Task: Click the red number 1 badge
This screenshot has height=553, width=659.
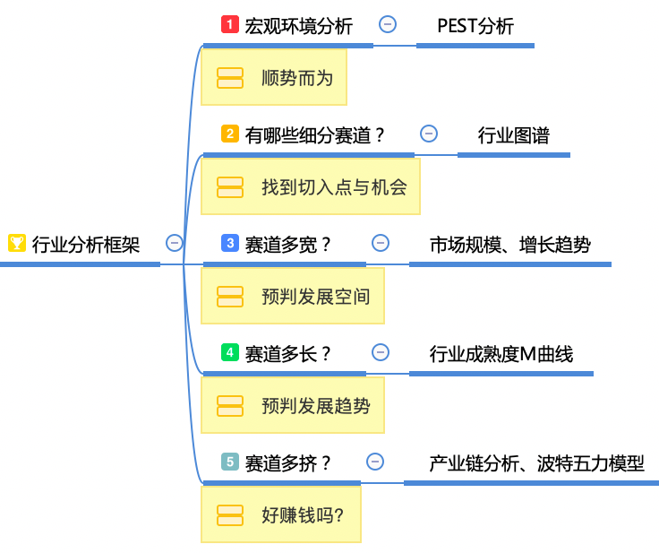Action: point(230,24)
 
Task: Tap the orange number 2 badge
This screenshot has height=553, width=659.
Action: point(230,134)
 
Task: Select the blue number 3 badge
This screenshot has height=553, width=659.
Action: point(230,243)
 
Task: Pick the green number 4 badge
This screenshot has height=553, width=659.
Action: point(230,352)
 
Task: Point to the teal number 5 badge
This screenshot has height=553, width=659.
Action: point(230,462)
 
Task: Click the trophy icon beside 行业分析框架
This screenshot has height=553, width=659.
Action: point(16,243)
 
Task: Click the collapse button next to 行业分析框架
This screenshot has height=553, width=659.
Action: point(175,243)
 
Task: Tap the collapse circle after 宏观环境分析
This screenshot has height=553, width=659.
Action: point(388,24)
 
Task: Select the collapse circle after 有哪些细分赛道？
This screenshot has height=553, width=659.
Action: point(429,134)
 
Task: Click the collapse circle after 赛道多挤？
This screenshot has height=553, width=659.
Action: point(375,462)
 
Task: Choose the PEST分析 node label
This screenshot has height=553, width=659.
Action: point(475,26)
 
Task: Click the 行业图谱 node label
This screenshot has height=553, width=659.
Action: point(513,135)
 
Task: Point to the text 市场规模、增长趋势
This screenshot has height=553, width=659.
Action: point(509,245)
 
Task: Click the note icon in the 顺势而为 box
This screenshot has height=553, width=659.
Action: point(230,77)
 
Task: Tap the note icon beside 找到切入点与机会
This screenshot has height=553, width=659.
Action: point(230,186)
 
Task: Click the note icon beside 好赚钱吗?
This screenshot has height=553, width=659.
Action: point(230,514)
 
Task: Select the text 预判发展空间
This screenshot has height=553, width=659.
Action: point(316,297)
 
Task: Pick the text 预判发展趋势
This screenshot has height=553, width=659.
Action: point(316,406)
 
